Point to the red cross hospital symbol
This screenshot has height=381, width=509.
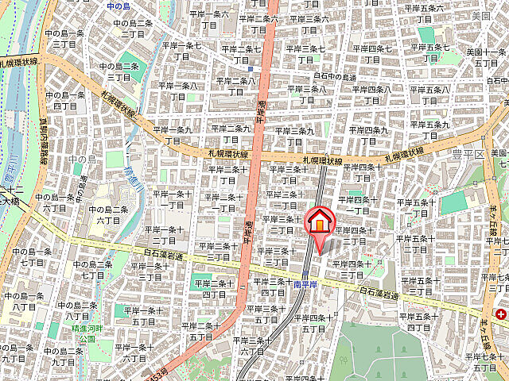click(x=501, y=314)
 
